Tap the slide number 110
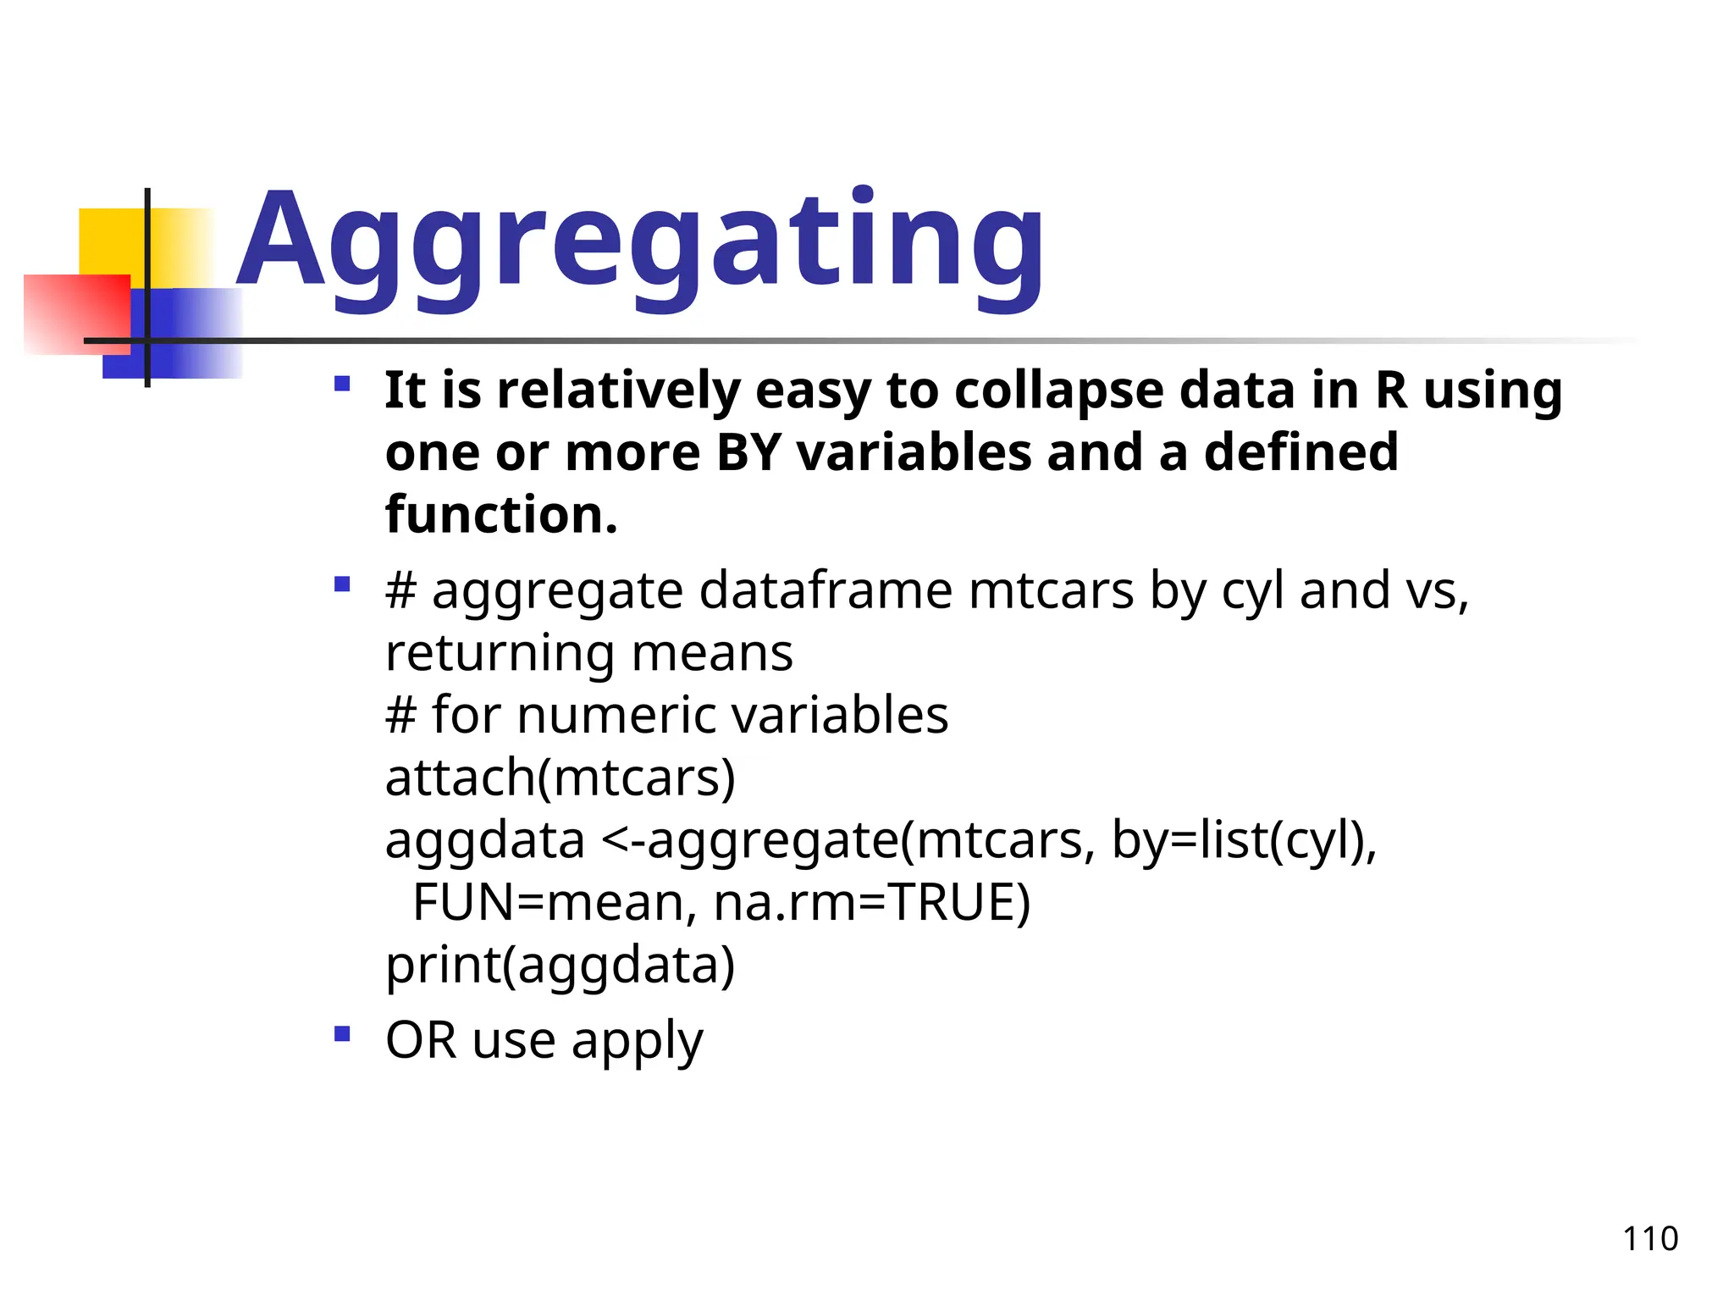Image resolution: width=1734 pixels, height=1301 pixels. pyautogui.click(x=1649, y=1239)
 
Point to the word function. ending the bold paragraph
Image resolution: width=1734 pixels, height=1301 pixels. pyautogui.click(x=501, y=515)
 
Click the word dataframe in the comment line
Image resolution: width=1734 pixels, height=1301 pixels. pyautogui.click(x=826, y=590)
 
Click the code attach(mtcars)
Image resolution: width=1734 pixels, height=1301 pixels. pyautogui.click(x=560, y=778)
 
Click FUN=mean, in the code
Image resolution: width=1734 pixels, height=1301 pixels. pyautogui.click(x=555, y=902)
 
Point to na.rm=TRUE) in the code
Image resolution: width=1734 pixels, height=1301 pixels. pyautogui.click(x=871, y=902)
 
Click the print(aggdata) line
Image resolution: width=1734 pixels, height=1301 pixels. pyautogui.click(x=560, y=965)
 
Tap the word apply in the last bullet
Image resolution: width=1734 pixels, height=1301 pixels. pyautogui.click(x=637, y=1042)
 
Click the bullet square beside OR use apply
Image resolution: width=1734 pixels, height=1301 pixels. pyautogui.click(x=342, y=1034)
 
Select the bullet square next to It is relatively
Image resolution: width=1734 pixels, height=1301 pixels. pyautogui.click(x=342, y=385)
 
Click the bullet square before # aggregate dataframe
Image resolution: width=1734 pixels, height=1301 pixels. pyautogui.click(x=342, y=584)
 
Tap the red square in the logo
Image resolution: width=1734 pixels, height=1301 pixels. pyautogui.click(x=76, y=313)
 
